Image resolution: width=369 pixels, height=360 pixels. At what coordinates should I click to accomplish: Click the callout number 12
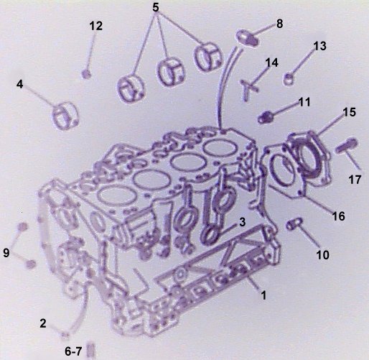click(x=96, y=26)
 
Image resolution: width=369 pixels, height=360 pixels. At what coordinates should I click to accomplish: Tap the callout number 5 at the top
click(x=156, y=7)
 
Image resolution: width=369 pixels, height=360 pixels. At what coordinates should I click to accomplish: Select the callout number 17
click(x=355, y=180)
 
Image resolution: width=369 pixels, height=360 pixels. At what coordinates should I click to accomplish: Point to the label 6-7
click(x=73, y=351)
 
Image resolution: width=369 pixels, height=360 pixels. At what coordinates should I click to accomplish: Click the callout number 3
click(x=243, y=222)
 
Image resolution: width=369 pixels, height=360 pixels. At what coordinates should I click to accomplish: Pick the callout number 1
click(x=263, y=295)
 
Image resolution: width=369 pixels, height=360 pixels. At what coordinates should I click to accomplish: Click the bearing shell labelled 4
click(x=65, y=116)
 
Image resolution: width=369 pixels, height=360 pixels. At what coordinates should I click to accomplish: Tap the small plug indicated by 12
click(x=86, y=73)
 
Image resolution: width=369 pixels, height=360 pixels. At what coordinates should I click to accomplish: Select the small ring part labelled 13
click(x=289, y=78)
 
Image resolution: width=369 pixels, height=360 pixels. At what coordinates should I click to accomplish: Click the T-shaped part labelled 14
click(x=248, y=89)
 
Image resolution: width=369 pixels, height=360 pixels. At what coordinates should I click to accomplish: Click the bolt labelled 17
click(x=346, y=145)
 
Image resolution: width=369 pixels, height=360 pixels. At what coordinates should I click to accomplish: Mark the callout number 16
click(x=338, y=216)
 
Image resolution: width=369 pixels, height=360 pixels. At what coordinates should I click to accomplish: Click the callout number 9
click(x=6, y=253)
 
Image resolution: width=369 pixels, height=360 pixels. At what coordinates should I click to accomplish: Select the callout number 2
click(x=43, y=323)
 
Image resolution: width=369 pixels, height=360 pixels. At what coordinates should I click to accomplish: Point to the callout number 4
click(x=19, y=84)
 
